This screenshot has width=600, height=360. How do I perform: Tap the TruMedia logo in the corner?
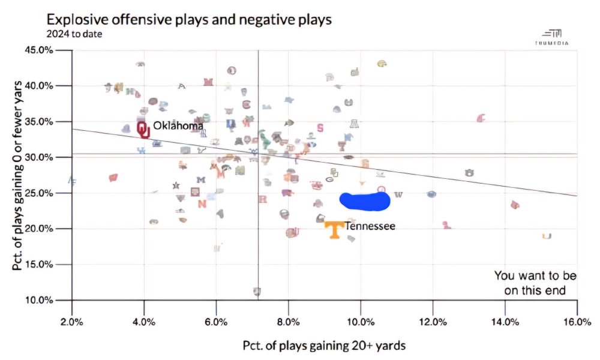[x=551, y=37]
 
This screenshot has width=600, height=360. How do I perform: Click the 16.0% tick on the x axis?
[x=577, y=322]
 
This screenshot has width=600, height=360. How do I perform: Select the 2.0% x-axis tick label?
[x=72, y=322]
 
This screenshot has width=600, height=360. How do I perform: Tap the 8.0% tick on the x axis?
[x=289, y=322]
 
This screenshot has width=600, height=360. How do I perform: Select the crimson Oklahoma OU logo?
[x=143, y=129]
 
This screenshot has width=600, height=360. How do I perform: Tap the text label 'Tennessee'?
[x=370, y=226]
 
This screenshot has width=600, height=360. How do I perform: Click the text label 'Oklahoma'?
[x=178, y=126]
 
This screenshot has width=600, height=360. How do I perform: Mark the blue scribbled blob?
[x=365, y=201]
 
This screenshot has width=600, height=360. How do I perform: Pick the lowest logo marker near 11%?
[x=257, y=292]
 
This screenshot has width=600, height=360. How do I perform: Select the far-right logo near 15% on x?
[x=547, y=236]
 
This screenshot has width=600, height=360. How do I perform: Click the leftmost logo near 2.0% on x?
[x=72, y=180]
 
